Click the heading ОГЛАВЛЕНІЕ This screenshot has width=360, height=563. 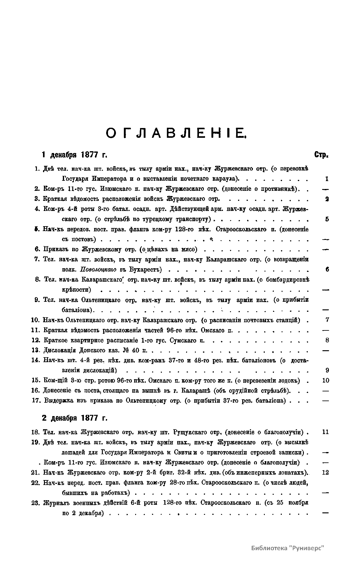click(176, 134)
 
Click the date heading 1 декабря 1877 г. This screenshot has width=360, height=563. click(74, 155)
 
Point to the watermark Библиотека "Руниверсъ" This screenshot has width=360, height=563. click(287, 547)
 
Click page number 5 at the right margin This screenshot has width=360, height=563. click(327, 219)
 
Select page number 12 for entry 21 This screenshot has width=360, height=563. click(325, 472)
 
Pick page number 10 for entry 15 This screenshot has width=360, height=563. click(326, 380)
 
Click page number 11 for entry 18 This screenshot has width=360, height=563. click(325, 432)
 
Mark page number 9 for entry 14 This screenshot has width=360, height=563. click(327, 370)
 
